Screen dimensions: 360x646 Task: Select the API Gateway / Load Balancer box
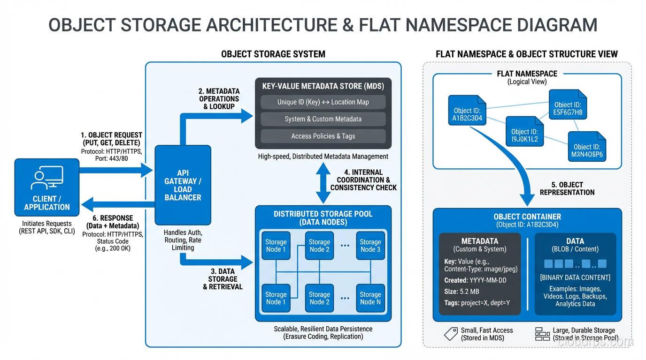click(x=183, y=185)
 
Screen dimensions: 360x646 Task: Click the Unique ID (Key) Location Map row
click(x=323, y=102)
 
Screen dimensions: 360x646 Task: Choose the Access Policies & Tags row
click(x=323, y=136)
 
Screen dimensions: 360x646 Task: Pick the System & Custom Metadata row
click(x=323, y=119)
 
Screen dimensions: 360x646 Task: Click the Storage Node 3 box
click(x=370, y=246)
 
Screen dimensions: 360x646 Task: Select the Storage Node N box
click(x=370, y=298)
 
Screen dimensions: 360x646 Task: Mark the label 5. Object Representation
click(x=567, y=188)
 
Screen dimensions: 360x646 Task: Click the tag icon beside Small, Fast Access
click(x=450, y=334)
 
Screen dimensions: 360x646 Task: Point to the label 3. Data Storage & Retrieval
click(x=223, y=279)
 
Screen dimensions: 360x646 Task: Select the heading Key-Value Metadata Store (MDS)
click(x=323, y=86)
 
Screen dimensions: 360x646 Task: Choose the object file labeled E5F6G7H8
click(x=568, y=105)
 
